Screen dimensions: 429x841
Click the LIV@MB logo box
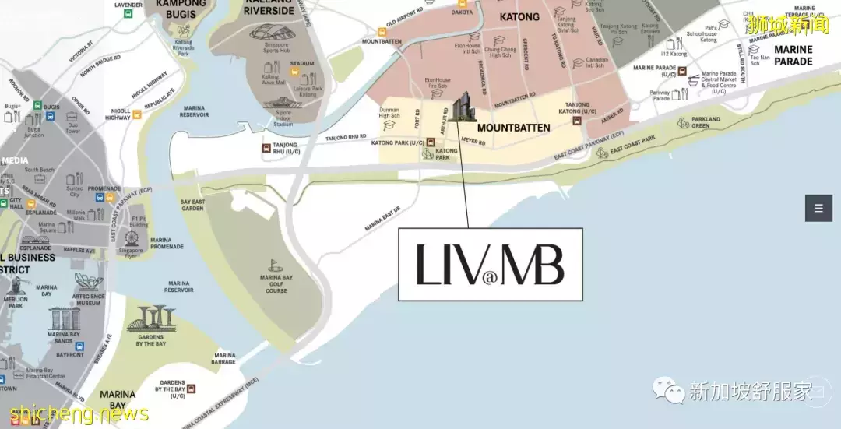point(490,264)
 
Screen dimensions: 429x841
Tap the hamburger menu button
point(818,208)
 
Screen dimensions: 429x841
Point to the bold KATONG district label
point(519,16)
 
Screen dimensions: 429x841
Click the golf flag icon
point(272,265)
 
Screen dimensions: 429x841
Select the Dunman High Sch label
point(389,114)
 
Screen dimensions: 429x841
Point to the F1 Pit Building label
point(139,222)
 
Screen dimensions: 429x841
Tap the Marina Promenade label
point(167,244)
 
